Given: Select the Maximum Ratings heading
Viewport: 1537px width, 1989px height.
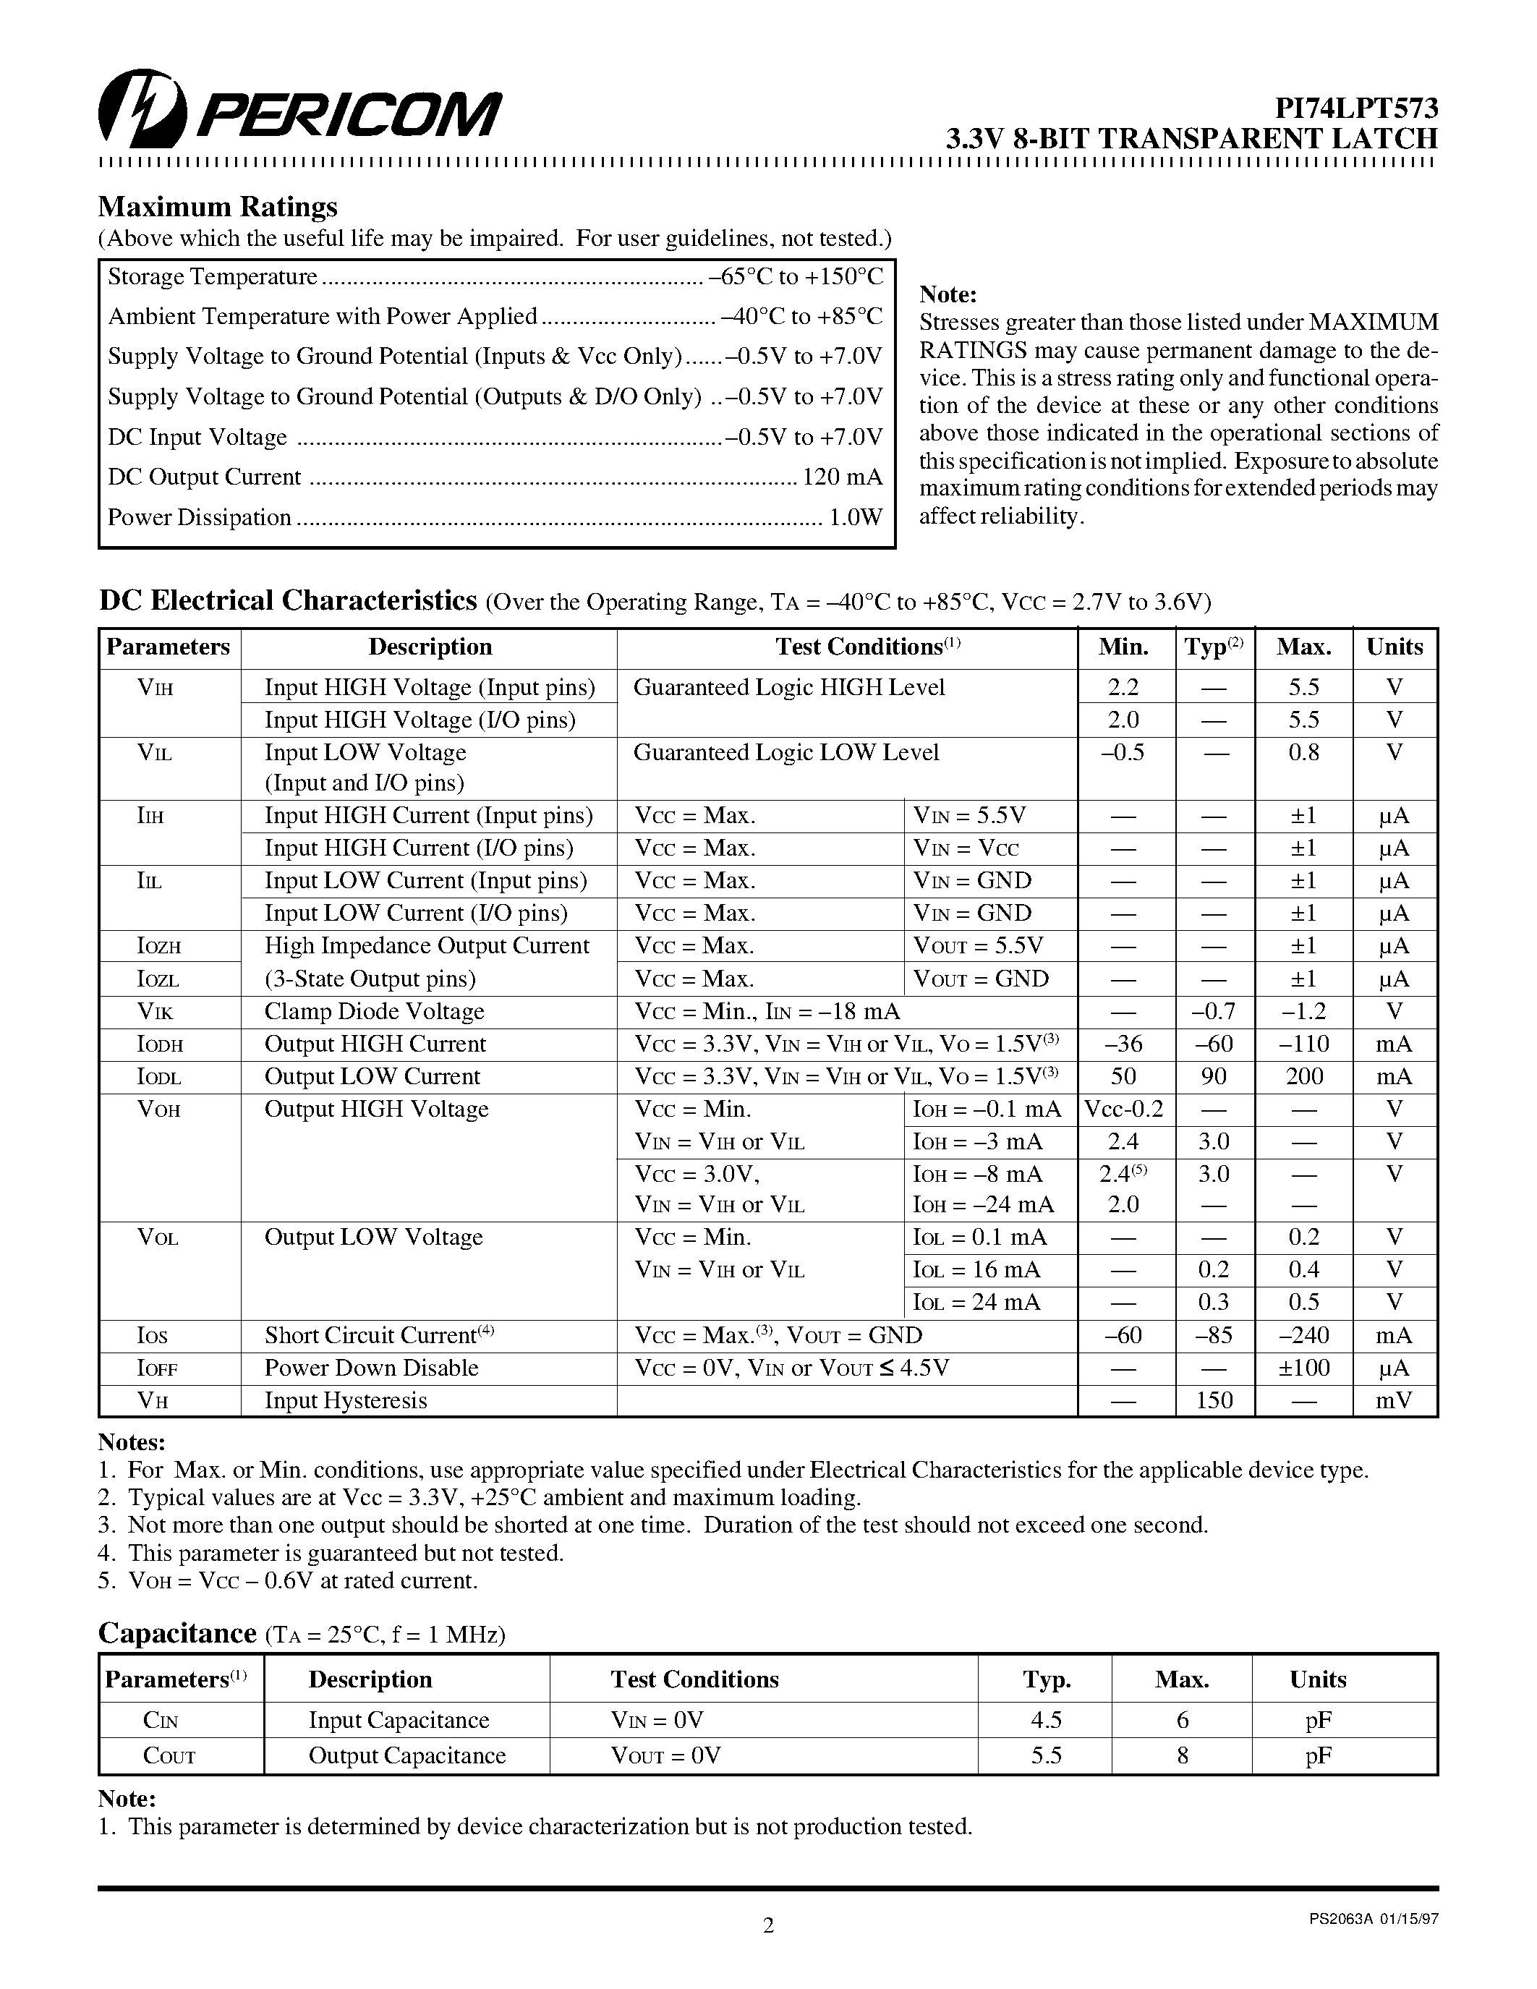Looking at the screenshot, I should (x=218, y=207).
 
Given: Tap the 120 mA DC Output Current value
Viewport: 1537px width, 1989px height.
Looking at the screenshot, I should (x=841, y=477).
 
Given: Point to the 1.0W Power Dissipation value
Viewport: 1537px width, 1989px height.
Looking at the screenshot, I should (x=855, y=517).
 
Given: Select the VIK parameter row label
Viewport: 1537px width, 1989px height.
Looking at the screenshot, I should (x=155, y=1012).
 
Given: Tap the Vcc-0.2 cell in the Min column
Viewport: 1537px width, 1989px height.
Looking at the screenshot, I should (x=1123, y=1110).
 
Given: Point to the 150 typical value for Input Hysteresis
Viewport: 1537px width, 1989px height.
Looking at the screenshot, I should (x=1213, y=1401).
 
